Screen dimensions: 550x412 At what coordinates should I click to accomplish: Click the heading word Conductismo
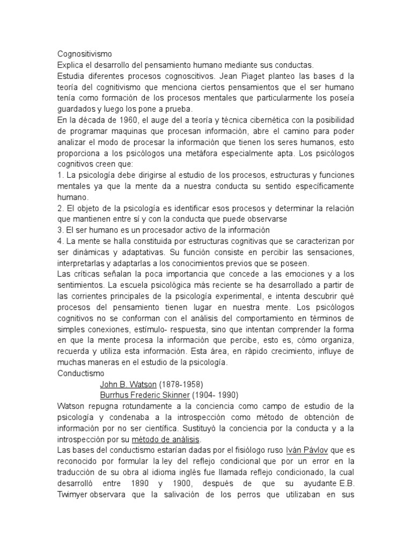coord(81,373)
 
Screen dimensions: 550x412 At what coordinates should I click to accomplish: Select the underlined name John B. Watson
coord(128,384)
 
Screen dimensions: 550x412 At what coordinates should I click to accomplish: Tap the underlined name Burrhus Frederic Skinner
coord(145,394)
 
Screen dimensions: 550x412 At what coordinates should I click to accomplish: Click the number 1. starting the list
coord(60,176)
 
